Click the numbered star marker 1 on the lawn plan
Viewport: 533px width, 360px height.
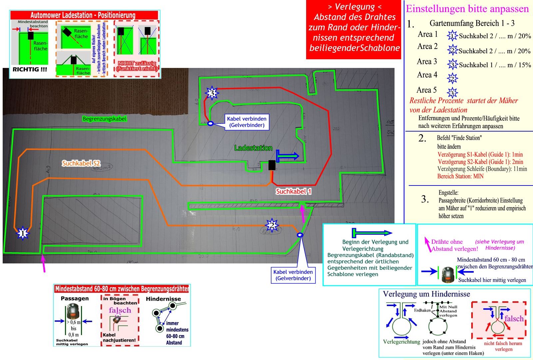pyautogui.click(x=22, y=233)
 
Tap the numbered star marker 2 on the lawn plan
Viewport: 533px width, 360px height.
pyautogui.click(x=272, y=225)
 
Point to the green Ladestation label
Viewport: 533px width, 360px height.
pyautogui.click(x=253, y=148)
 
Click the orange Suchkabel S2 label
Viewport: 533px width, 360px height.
pyautogui.click(x=81, y=164)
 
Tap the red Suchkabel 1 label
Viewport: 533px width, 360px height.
pyautogui.click(x=293, y=191)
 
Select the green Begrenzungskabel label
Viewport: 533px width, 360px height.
pyautogui.click(x=105, y=119)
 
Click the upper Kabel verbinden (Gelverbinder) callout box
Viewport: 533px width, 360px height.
pyautogui.click(x=247, y=122)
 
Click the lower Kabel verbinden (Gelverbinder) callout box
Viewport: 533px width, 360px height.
pyautogui.click(x=293, y=275)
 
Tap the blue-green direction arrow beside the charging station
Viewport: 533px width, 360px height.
pyautogui.click(x=288, y=156)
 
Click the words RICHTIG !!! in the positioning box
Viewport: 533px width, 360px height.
pyautogui.click(x=30, y=70)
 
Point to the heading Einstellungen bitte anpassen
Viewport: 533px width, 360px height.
pyautogui.click(x=467, y=9)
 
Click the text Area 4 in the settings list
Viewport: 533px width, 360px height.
pyautogui.click(x=427, y=75)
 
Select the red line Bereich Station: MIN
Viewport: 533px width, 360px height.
pyautogui.click(x=460, y=176)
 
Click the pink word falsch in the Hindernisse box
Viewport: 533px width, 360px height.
pyautogui.click(x=514, y=319)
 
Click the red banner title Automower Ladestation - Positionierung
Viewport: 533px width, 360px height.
pyautogui.click(x=83, y=15)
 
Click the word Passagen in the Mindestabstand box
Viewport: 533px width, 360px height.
pyautogui.click(x=75, y=298)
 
